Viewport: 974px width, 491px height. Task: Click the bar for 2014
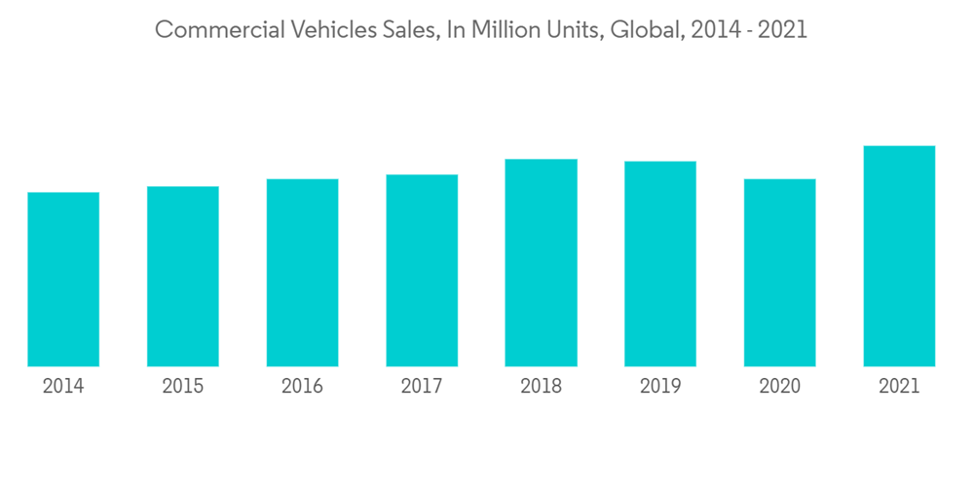pyautogui.click(x=63, y=279)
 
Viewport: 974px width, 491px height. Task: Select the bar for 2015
pyautogui.click(x=183, y=276)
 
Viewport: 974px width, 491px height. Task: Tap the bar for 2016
pyautogui.click(x=302, y=272)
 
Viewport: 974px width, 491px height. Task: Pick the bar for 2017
pyautogui.click(x=422, y=270)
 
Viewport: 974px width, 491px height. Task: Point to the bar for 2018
pyautogui.click(x=541, y=262)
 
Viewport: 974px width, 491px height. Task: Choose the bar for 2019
pyautogui.click(x=660, y=263)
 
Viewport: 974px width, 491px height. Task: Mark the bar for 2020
pyautogui.click(x=779, y=272)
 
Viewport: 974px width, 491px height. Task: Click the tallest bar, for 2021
pyautogui.click(x=899, y=255)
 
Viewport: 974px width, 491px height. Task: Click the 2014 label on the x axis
pyautogui.click(x=63, y=387)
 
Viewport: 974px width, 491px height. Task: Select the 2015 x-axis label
pyautogui.click(x=183, y=387)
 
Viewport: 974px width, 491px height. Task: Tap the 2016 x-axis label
pyautogui.click(x=302, y=387)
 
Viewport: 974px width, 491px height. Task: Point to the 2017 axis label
pyautogui.click(x=422, y=387)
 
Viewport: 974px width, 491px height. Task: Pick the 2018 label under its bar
pyautogui.click(x=541, y=387)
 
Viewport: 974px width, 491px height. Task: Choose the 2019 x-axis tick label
pyautogui.click(x=660, y=387)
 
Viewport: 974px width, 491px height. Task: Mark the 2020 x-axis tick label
pyautogui.click(x=779, y=387)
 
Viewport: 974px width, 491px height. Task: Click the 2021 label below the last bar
pyautogui.click(x=899, y=387)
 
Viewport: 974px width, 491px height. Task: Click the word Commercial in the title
pyautogui.click(x=209, y=30)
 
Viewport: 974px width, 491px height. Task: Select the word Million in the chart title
pyautogui.click(x=506, y=30)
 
